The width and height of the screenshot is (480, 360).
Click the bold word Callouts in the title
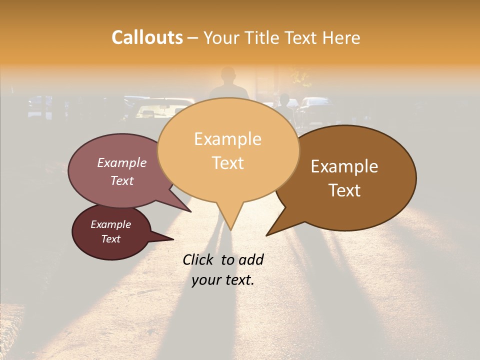coord(147,38)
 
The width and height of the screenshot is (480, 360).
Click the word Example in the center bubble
coord(227,139)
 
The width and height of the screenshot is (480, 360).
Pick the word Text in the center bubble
coord(227,163)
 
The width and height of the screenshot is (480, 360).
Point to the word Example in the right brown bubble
coord(344,166)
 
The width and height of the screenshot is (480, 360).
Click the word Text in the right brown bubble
coord(344,190)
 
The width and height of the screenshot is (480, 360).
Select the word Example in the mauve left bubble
coord(121,163)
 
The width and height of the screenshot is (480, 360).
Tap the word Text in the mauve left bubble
coord(121,180)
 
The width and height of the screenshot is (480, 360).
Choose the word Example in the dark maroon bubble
coord(110,224)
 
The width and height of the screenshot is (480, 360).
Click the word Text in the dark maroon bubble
coord(110,239)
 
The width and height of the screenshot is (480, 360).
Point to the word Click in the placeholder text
coord(198,259)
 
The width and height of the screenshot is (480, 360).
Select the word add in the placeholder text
coord(251,259)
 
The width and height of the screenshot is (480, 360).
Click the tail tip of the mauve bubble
coord(191,211)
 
